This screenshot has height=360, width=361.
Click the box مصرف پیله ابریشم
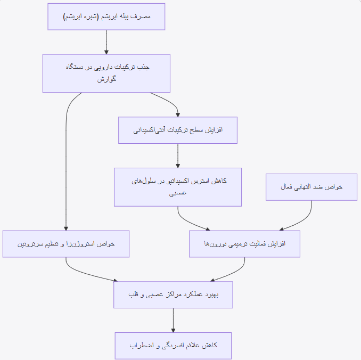pos(106,17)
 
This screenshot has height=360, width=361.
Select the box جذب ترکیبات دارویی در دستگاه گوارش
pos(106,73)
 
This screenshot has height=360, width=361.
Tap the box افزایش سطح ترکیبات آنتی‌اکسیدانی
pos(178,130)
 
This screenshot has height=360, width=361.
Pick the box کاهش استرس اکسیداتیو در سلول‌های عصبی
pos(178,187)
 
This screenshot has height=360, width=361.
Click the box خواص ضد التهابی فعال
pos(311,187)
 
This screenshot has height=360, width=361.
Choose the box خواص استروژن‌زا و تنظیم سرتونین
pos(66,244)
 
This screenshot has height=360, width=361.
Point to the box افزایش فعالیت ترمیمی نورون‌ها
pos(245,244)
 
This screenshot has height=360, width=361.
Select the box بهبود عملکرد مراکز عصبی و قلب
pos(173,294)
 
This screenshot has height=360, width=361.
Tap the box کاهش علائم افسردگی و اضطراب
pos(173,346)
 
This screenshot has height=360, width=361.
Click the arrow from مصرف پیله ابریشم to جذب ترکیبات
pos(106,42)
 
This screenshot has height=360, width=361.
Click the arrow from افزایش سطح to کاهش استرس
pos(178,156)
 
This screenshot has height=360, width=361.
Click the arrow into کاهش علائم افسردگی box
pos(173,321)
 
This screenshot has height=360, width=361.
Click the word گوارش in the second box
pos(106,79)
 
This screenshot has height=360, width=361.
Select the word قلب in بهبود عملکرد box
pos(133,294)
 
